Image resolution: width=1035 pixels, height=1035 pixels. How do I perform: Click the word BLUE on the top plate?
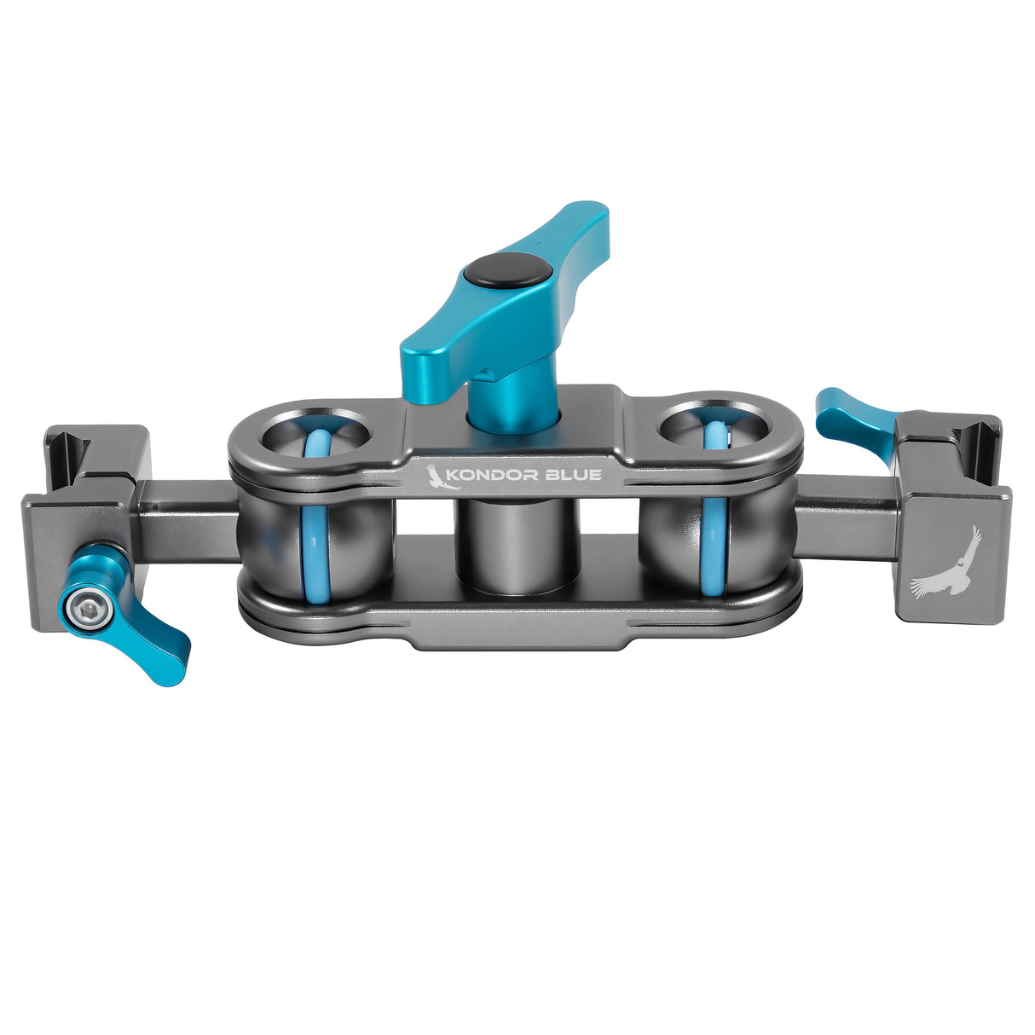pos(575,475)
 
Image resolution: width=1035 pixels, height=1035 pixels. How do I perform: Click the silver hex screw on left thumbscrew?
pos(84,604)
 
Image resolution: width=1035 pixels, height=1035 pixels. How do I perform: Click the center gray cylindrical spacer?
pos(512,546)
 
